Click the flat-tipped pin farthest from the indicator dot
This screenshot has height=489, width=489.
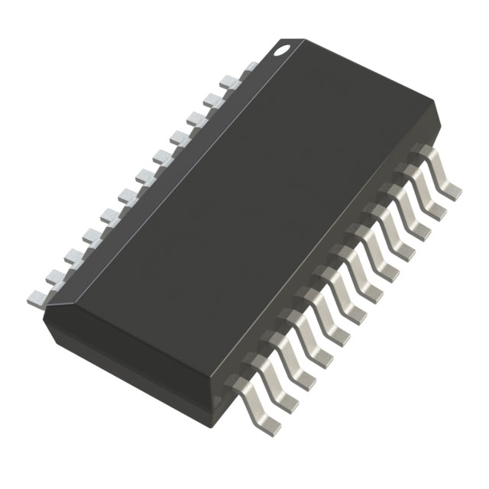[35, 296]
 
